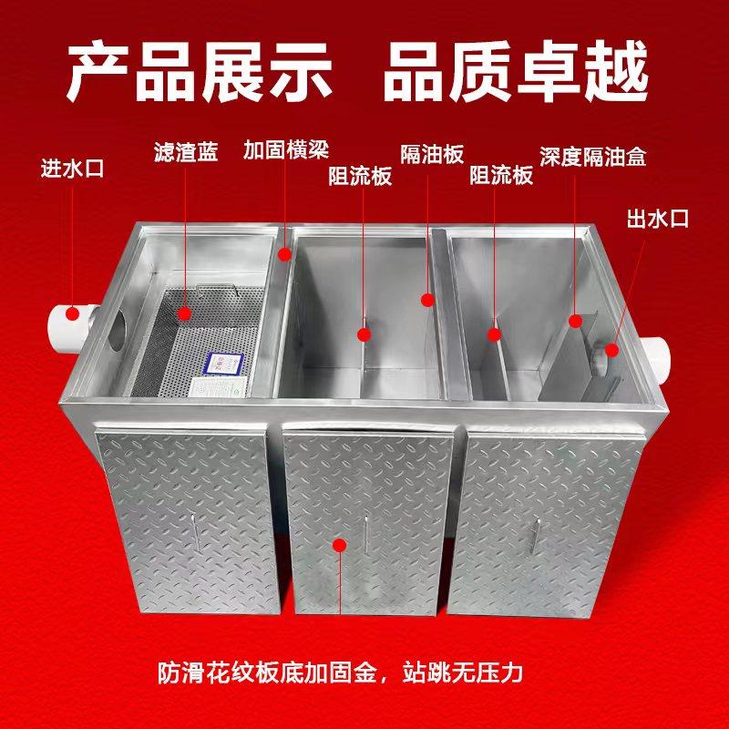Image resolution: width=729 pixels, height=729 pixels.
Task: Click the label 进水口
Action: [x=72, y=169]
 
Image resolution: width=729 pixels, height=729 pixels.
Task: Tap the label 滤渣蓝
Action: [x=186, y=153]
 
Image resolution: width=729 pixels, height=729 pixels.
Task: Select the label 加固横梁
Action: [x=285, y=149]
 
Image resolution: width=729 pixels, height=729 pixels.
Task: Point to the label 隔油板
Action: [x=433, y=153]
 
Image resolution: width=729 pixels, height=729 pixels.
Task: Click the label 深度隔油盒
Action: [x=591, y=157]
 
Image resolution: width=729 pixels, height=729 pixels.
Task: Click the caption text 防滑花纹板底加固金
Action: [x=256, y=675]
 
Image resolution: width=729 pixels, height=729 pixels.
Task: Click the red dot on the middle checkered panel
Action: [x=340, y=545]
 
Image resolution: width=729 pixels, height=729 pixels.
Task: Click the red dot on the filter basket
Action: [x=186, y=313]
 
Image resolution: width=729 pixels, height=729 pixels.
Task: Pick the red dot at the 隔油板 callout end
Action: [x=426, y=298]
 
